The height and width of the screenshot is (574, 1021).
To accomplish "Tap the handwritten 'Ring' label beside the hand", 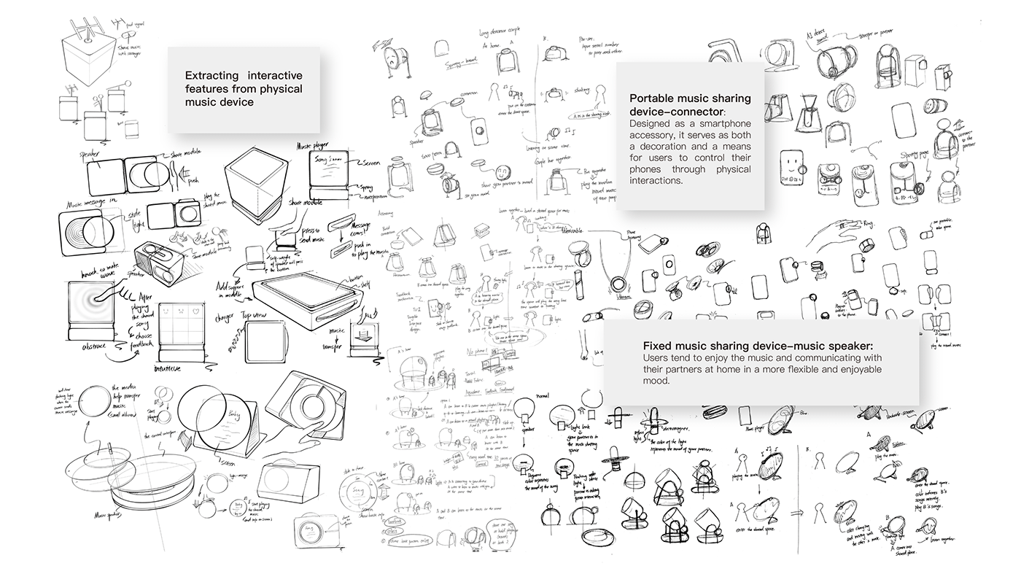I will pos(867,225).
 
